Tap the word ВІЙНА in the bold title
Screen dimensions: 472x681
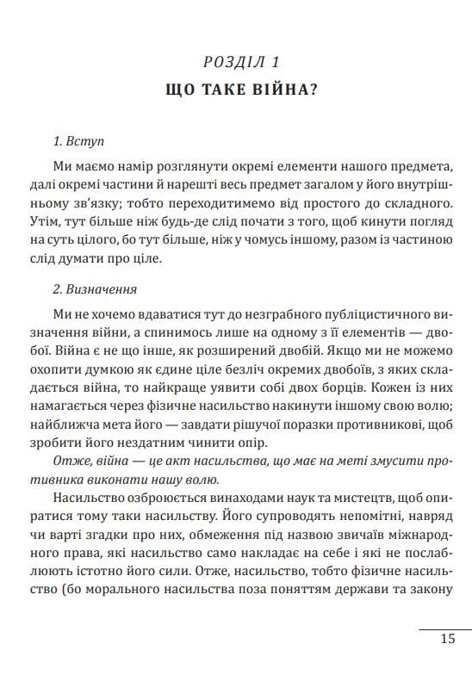tap(278, 89)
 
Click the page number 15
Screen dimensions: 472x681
tap(447, 638)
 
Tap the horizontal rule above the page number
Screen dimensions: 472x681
tap(444, 628)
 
